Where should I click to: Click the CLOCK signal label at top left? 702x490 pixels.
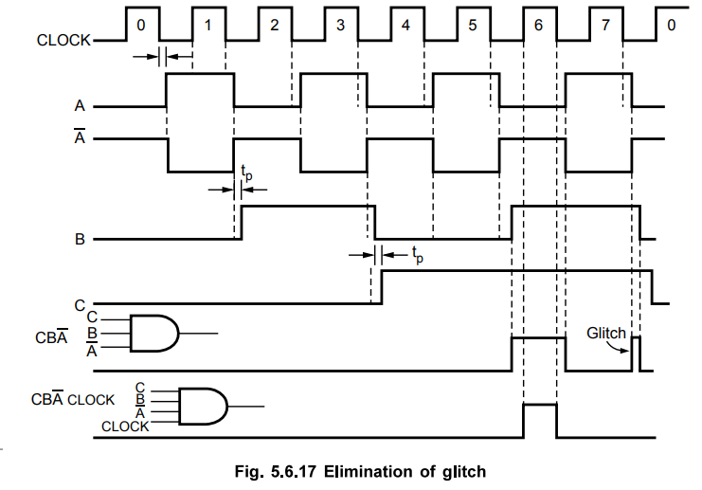[63, 41]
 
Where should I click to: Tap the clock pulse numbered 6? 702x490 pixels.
[539, 25]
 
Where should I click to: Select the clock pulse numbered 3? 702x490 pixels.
[340, 25]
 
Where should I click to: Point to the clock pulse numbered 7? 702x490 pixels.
[605, 25]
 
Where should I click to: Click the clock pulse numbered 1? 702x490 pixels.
[207, 25]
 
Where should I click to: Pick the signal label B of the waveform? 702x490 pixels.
[81, 240]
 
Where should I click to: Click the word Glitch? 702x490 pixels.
[606, 333]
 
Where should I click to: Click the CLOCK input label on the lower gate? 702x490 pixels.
[125, 426]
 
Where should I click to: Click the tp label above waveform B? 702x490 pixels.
[246, 173]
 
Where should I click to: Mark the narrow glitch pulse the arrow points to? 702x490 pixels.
[637, 353]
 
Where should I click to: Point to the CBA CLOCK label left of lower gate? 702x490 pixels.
[71, 402]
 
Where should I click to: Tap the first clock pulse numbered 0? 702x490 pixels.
[141, 25]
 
